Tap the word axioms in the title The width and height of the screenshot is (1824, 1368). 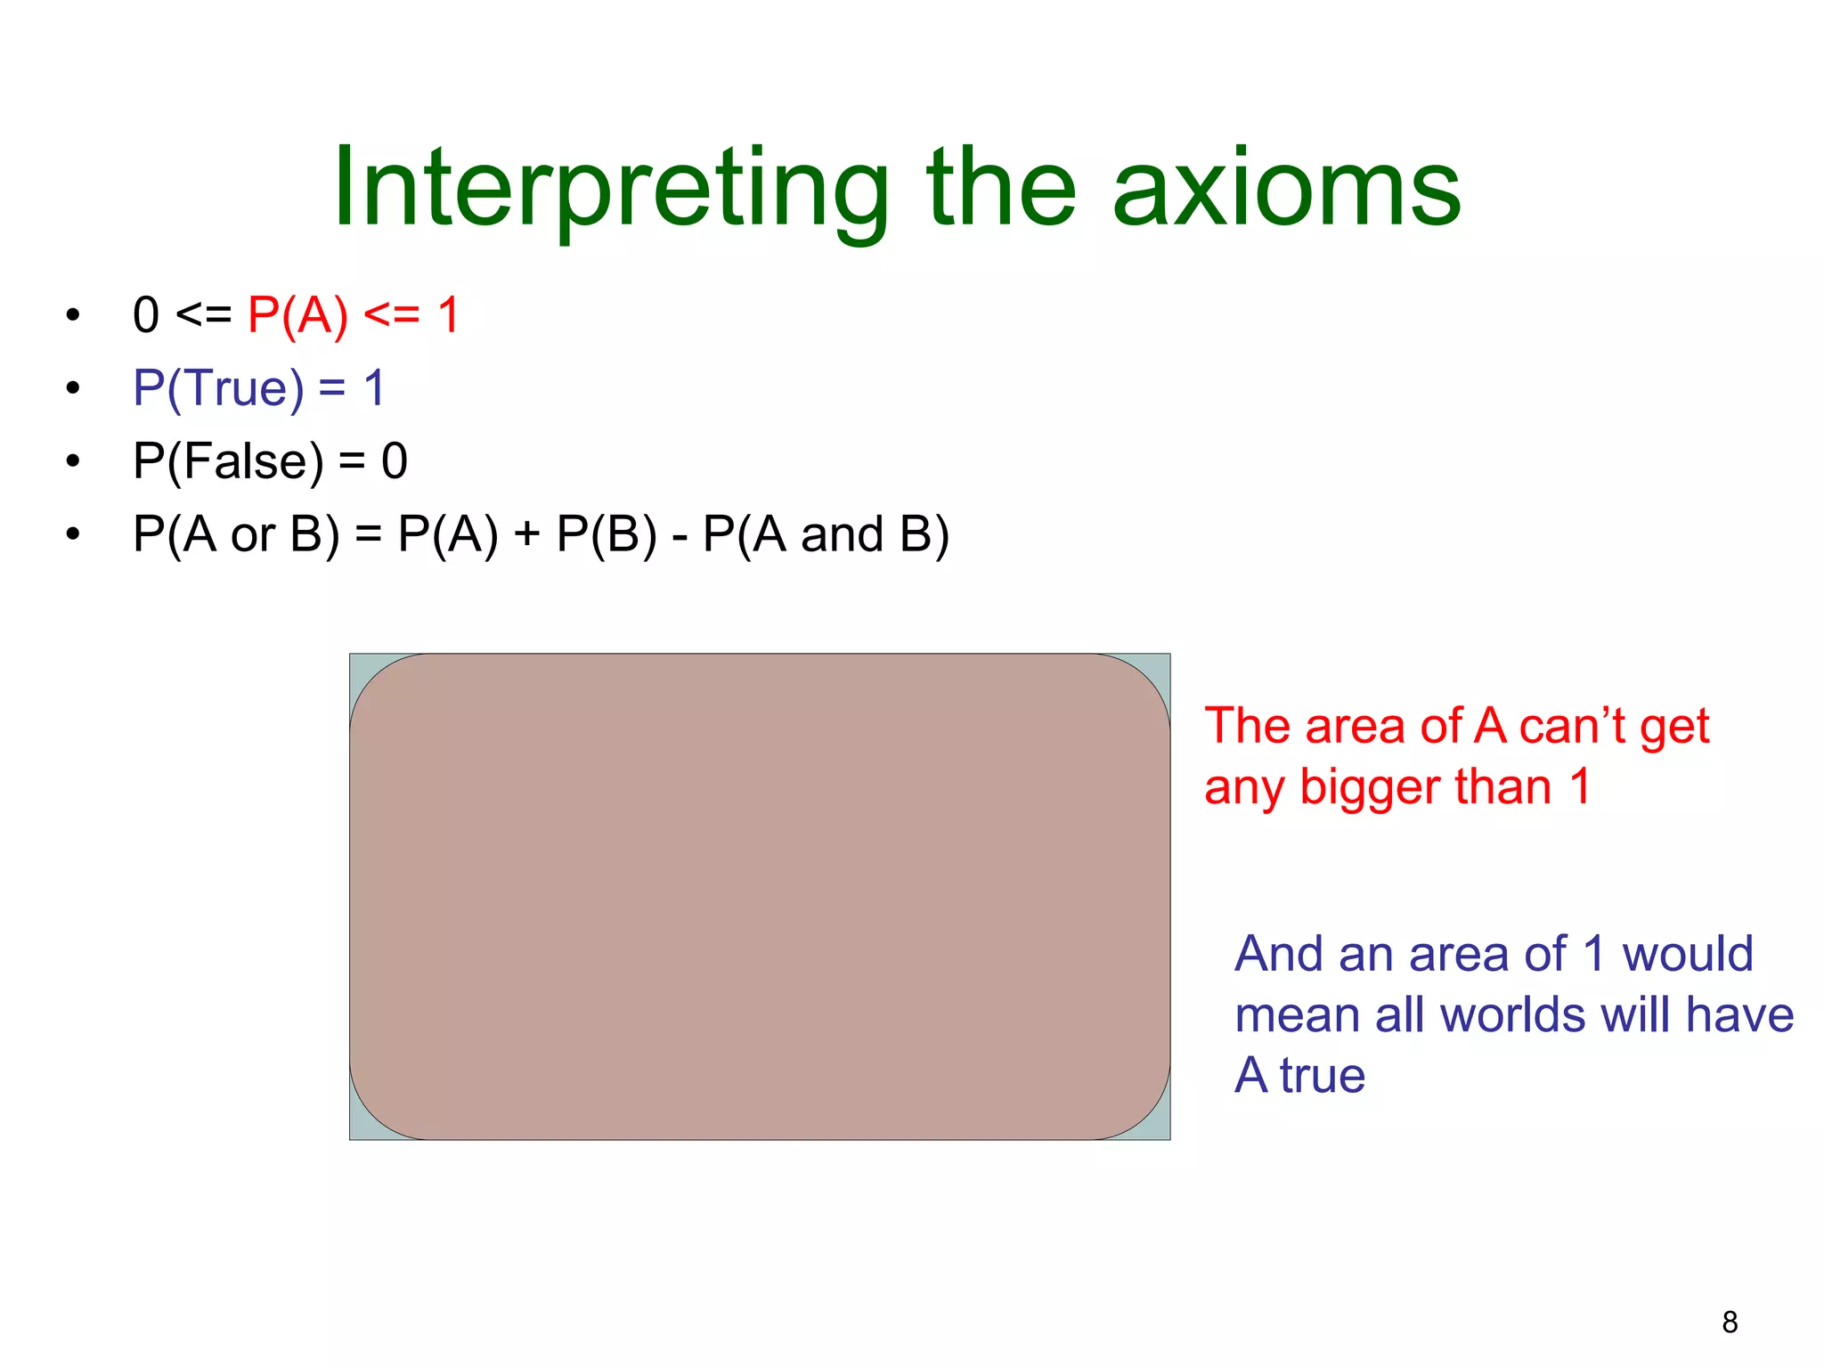point(1286,189)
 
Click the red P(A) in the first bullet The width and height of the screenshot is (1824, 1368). point(297,315)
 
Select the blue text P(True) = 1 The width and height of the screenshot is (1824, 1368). point(258,388)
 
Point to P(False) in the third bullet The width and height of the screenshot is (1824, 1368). point(228,461)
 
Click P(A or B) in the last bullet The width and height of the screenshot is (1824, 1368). point(236,534)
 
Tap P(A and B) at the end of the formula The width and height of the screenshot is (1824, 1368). point(826,534)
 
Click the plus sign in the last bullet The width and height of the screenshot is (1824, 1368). point(527,535)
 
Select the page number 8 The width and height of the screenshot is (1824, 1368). point(1730,1322)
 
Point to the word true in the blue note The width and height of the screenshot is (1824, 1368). point(1322,1076)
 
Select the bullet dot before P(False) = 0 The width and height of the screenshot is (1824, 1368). point(73,461)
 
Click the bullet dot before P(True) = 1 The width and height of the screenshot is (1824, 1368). point(73,388)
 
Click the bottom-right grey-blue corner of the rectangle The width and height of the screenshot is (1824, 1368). point(1160,1130)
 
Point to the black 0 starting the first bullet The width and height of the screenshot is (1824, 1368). point(145,316)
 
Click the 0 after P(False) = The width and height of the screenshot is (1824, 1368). point(395,461)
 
